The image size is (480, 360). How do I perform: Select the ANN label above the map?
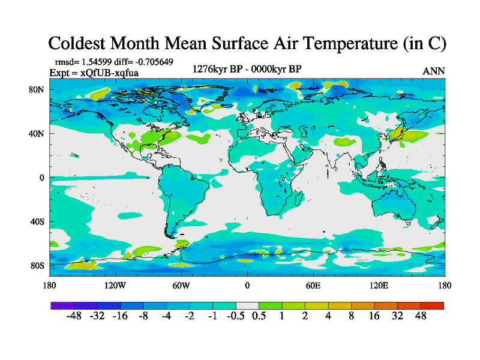tap(434, 71)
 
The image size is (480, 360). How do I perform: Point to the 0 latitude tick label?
tap(42, 178)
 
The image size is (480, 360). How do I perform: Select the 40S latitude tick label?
tap(37, 221)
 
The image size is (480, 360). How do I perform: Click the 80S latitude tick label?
tap(37, 265)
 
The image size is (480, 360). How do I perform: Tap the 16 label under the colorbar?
tap(374, 316)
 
